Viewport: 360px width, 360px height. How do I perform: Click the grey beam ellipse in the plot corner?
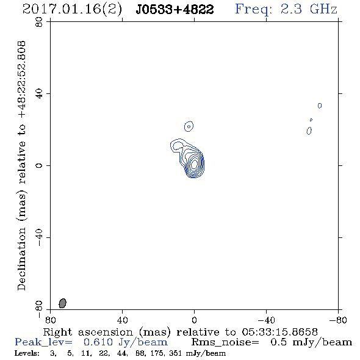(62, 303)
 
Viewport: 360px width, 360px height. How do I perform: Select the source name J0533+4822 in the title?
(175, 10)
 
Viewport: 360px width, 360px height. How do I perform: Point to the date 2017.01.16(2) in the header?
(72, 10)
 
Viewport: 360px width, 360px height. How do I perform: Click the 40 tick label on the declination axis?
(39, 94)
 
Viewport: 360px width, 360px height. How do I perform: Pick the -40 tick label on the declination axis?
(39, 237)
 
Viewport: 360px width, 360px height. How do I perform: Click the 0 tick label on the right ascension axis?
(194, 320)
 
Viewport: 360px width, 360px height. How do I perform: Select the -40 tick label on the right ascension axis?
(266, 320)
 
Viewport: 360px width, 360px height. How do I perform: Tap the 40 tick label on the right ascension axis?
(122, 320)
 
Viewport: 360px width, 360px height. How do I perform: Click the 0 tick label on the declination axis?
(39, 165)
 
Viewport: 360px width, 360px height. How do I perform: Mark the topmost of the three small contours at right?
(320, 106)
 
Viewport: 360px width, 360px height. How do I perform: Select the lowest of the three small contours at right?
(309, 131)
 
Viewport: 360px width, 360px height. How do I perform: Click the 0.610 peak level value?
(98, 342)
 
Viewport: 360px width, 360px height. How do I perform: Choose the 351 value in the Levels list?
(175, 353)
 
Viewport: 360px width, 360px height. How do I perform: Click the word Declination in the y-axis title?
(21, 259)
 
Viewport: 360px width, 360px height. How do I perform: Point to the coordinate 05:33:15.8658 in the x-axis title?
(279, 332)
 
